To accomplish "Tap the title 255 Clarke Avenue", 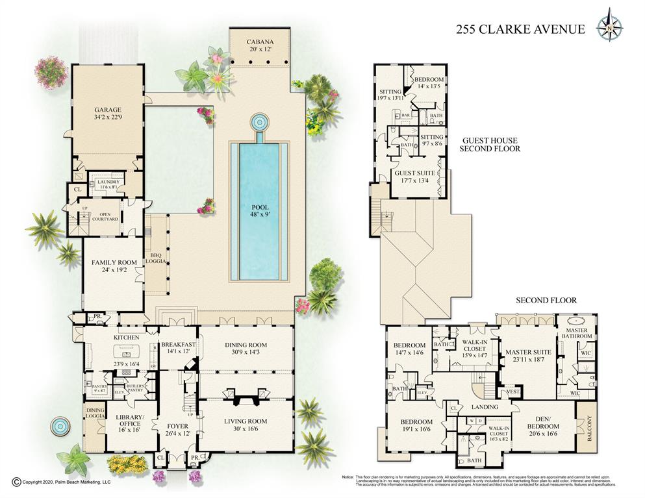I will (520, 29).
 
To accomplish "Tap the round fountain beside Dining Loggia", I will (60, 426).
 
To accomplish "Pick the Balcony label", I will (587, 427).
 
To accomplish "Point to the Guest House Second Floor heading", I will (490, 144).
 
